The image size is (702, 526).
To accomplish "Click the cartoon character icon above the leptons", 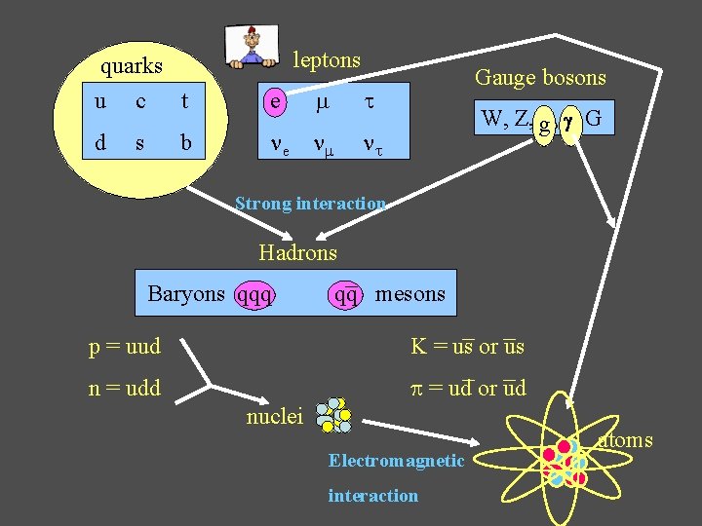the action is pos(252,47).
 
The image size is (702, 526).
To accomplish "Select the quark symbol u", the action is pos(101,101).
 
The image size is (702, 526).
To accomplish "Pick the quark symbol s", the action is pos(140,143).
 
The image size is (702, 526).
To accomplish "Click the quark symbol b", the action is pos(185,143).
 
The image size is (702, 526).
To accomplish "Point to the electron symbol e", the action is pos(277,101).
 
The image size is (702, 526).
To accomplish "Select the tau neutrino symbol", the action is pos(372,145).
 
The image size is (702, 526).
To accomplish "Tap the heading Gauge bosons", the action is pos(540,78).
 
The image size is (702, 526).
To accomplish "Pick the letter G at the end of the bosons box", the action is pos(595,120).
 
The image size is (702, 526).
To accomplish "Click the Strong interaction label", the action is pos(311,204).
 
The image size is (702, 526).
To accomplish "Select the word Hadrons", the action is pos(297,253).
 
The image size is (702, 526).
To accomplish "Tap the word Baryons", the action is pos(186,293).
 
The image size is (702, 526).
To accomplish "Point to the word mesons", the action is pos(409,293).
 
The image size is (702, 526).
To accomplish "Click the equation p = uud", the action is pos(125,346).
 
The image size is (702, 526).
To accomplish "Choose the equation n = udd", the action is pos(125,389).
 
